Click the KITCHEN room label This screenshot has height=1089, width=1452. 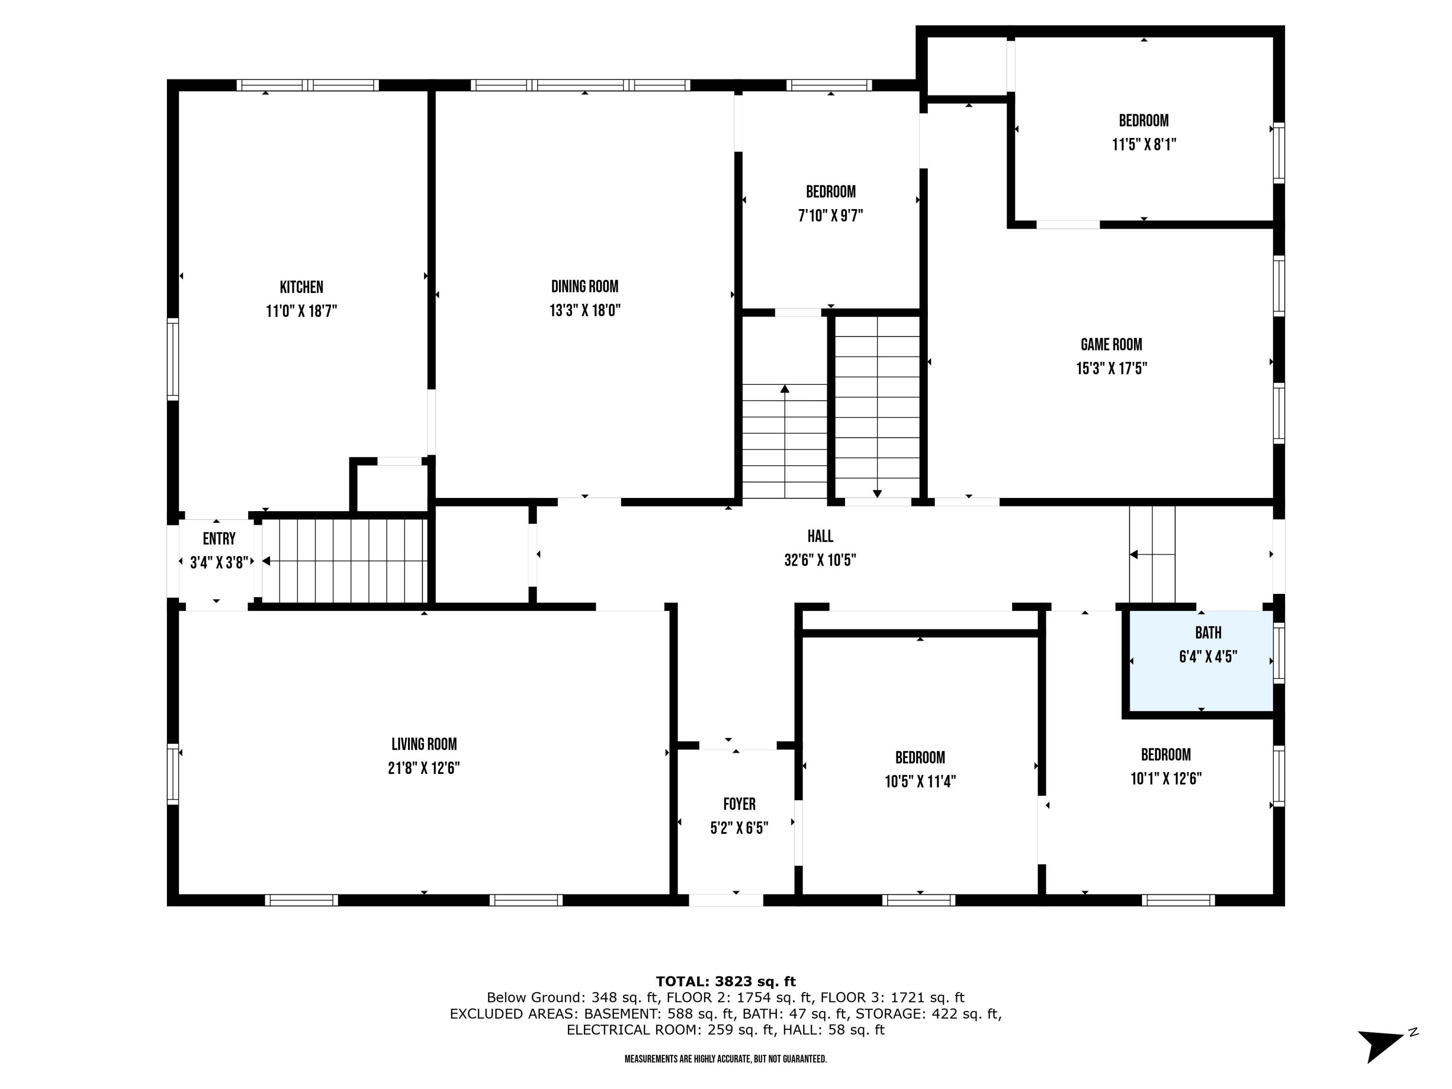click(302, 287)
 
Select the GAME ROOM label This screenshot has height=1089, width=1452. click(1111, 345)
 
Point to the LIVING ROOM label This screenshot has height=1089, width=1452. click(424, 744)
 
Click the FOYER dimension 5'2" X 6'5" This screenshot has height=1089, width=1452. click(739, 828)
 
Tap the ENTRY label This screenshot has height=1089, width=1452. click(219, 539)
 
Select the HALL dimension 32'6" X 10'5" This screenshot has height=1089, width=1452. click(820, 560)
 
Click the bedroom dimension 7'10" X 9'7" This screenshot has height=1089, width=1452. click(831, 215)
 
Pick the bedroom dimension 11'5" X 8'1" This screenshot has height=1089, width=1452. click(1144, 144)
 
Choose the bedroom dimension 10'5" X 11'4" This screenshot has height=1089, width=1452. click(920, 781)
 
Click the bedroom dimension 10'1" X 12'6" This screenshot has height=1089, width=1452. click(1166, 778)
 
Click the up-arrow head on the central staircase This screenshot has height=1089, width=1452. click(785, 389)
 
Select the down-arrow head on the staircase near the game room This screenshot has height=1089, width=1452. click(877, 494)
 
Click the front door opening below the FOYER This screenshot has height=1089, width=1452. click(726, 900)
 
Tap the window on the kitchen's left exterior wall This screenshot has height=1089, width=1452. click(173, 359)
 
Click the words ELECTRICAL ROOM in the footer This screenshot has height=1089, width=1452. click(634, 1029)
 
